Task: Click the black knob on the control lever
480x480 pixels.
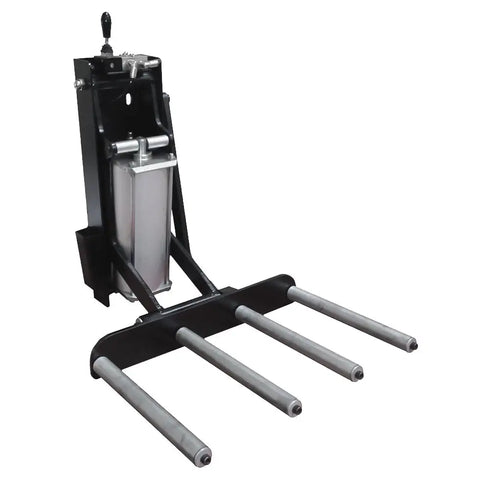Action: coord(105,21)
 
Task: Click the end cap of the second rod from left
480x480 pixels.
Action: coord(294,407)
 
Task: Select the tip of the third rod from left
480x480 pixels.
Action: coord(357,374)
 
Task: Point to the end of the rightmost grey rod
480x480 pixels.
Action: coord(411,344)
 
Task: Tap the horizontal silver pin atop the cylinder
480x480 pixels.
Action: coord(141,146)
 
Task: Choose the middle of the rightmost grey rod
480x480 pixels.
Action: coord(350,315)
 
